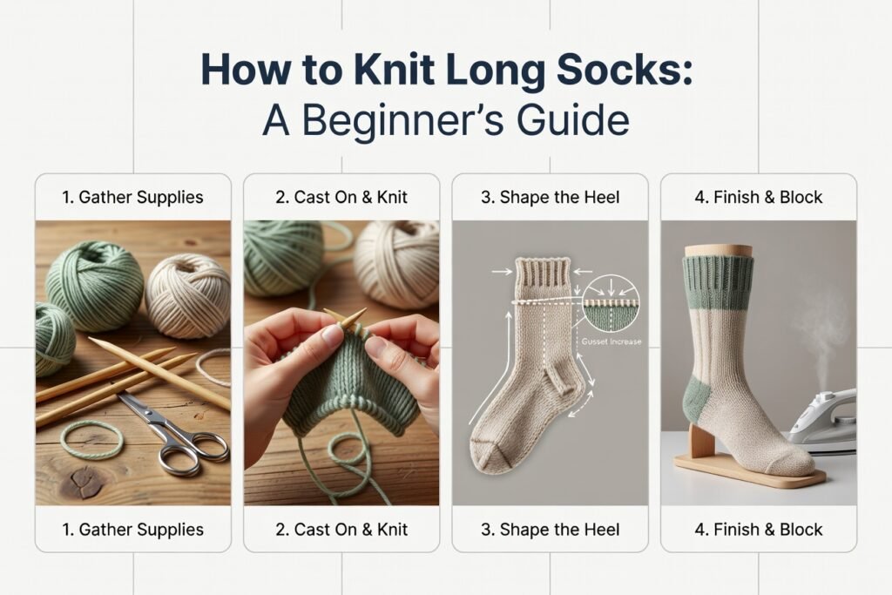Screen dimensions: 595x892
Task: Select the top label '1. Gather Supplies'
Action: [x=132, y=198]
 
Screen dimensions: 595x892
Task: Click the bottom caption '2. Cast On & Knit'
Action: [x=341, y=529]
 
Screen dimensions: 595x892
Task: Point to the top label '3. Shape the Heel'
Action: [x=550, y=198]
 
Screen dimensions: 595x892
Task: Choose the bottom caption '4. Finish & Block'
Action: [x=758, y=529]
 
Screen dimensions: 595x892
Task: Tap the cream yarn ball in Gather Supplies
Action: [x=187, y=294]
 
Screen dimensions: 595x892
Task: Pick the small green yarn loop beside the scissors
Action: [x=91, y=438]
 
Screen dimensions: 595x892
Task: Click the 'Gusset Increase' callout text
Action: [x=614, y=341]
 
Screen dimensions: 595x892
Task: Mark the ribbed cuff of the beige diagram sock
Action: [x=543, y=274]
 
